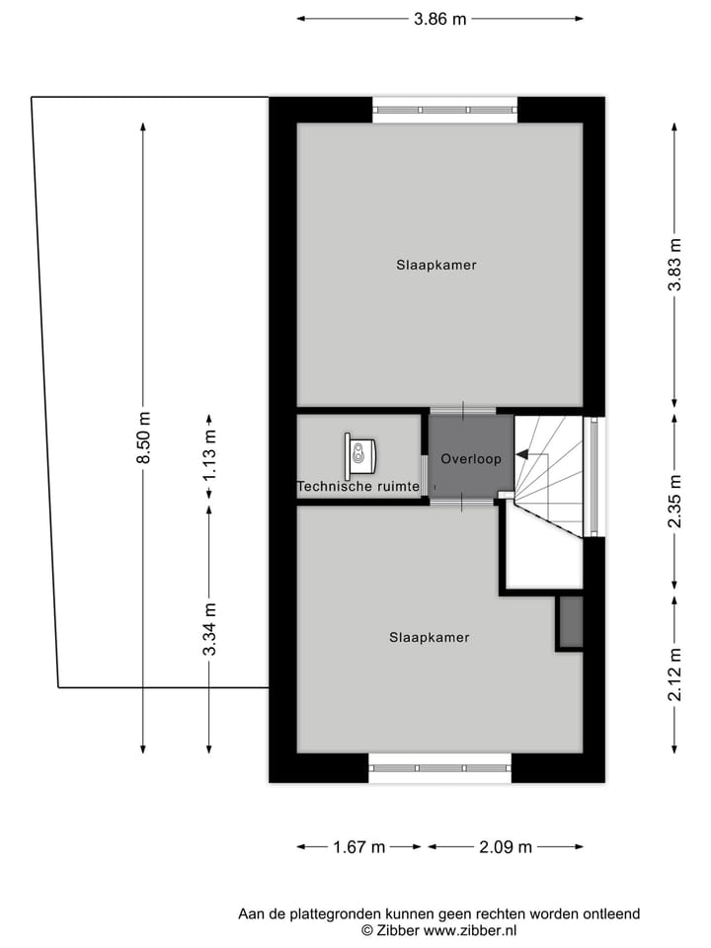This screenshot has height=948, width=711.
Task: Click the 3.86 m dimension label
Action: pos(438,19)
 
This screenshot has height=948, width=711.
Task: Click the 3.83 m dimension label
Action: pos(674,264)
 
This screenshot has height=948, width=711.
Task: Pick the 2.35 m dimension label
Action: pos(674,502)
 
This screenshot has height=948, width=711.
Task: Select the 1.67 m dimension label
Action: pos(358,846)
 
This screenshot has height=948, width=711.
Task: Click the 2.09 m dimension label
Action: pos(505,846)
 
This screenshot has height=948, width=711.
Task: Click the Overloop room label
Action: pos(471,458)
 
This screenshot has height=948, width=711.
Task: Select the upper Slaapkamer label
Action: pos(430,265)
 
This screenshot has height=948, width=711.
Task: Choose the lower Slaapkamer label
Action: pos(430,637)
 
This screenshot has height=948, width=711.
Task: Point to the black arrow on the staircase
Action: pos(523,455)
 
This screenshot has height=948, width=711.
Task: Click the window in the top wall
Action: pos(444,109)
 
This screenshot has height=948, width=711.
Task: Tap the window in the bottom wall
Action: pos(440,767)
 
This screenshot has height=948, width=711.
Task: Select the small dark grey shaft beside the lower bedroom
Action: pos(570,622)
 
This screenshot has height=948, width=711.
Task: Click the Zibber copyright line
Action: pos(438,930)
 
